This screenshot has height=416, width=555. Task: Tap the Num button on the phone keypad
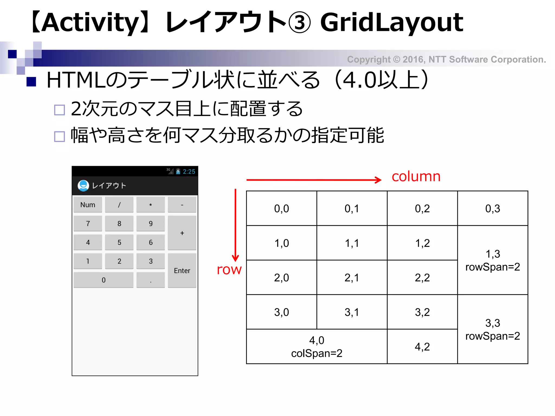[x=88, y=205]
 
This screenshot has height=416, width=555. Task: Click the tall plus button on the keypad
[x=182, y=233]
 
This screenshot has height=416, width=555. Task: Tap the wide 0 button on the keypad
[x=103, y=280]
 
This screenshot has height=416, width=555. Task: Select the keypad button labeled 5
[x=119, y=242]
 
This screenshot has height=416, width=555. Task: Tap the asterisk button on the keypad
[x=150, y=205]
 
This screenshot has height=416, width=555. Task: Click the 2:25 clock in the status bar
[x=189, y=171]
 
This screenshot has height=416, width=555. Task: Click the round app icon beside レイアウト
[x=83, y=186]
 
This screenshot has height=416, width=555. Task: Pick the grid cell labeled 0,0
[x=281, y=209]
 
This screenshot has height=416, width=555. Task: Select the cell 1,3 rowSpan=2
[x=492, y=260]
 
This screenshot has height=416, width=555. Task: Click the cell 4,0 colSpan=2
[x=317, y=346]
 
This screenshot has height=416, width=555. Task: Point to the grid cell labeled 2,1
[x=352, y=278]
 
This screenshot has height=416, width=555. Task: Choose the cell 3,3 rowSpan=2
[x=492, y=329]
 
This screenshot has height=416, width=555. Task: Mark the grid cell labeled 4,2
[x=422, y=347]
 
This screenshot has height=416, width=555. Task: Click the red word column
[x=416, y=177]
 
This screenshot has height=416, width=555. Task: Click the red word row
[x=229, y=269]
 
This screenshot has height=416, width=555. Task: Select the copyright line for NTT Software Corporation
[x=446, y=59]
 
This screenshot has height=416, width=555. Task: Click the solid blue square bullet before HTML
[x=31, y=82]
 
